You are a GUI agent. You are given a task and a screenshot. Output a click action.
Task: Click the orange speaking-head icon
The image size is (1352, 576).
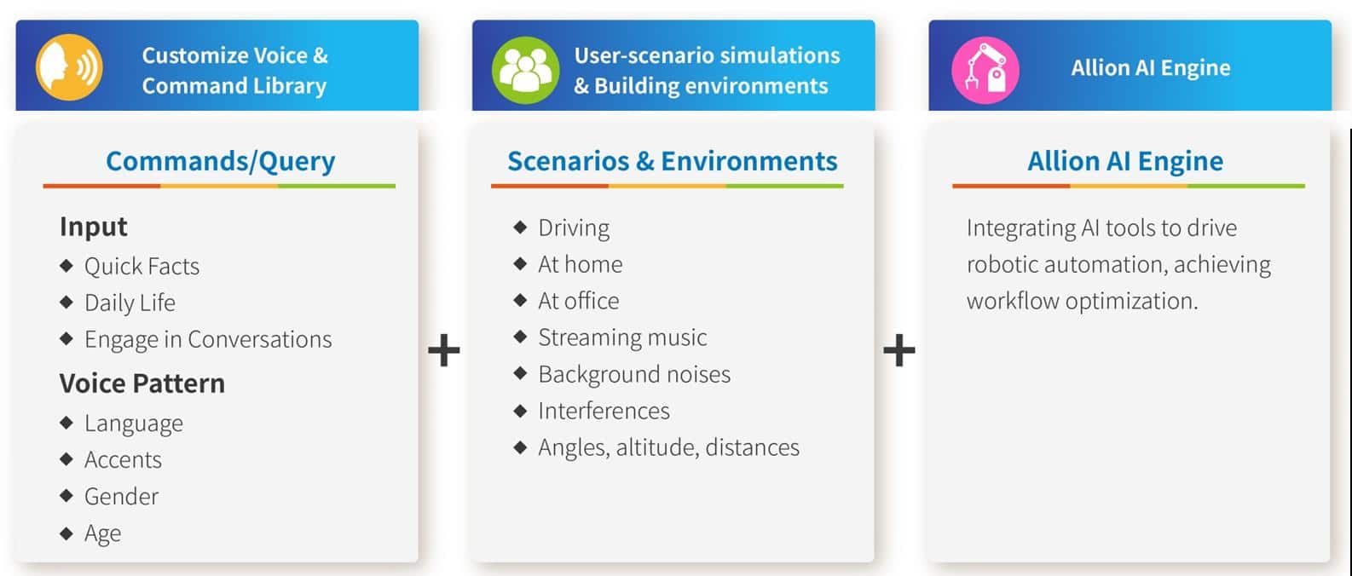pyautogui.click(x=69, y=67)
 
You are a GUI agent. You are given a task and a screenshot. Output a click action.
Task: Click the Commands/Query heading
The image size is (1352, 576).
pyautogui.click(x=220, y=161)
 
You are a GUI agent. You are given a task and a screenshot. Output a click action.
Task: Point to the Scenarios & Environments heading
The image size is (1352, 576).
pyautogui.click(x=672, y=161)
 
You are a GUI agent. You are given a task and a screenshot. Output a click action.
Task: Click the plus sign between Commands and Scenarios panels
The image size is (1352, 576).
pyautogui.click(x=444, y=350)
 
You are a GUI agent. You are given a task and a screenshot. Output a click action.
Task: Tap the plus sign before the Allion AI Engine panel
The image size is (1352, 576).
pyautogui.click(x=899, y=350)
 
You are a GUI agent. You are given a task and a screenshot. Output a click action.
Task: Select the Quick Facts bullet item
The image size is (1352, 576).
pyautogui.click(x=142, y=267)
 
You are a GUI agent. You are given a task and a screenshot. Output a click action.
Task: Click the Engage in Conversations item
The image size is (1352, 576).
pyautogui.click(x=208, y=339)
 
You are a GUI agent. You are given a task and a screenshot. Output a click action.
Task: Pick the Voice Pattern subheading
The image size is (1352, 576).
pyautogui.click(x=142, y=383)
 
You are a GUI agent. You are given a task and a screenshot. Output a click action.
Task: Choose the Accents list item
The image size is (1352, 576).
pyautogui.click(x=123, y=460)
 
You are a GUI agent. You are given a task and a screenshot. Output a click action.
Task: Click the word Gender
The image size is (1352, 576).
pyautogui.click(x=121, y=497)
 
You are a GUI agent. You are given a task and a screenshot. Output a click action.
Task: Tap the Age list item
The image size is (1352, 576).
pyautogui.click(x=102, y=533)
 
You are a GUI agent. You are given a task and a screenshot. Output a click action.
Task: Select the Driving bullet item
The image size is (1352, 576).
pyautogui.click(x=574, y=228)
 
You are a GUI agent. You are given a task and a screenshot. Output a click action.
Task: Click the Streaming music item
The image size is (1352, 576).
pyautogui.click(x=622, y=337)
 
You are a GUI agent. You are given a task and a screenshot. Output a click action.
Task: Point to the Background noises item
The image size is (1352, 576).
pyautogui.click(x=634, y=374)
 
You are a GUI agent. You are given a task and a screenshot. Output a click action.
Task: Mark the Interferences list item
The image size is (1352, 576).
pyautogui.click(x=604, y=411)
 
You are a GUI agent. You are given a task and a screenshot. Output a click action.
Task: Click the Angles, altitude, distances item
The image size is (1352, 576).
pyautogui.click(x=668, y=447)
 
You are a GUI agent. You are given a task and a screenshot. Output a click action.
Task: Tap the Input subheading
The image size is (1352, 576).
pyautogui.click(x=93, y=227)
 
